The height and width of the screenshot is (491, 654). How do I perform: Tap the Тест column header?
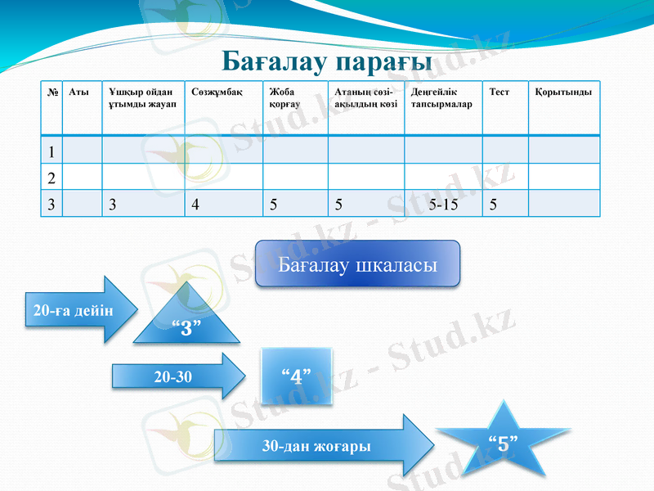[x=499, y=92]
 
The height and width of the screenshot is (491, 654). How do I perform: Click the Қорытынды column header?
[x=563, y=92]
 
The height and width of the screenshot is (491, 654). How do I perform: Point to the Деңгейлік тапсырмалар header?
[x=441, y=98]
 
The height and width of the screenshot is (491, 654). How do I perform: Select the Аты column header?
[x=79, y=92]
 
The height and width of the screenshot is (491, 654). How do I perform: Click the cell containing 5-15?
[x=443, y=205]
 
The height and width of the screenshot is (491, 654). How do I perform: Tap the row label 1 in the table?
[x=52, y=151]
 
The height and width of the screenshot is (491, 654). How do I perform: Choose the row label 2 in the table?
[x=52, y=178]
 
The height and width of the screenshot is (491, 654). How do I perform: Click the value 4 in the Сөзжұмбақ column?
[x=195, y=205]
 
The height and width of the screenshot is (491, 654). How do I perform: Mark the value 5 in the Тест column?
[x=492, y=205]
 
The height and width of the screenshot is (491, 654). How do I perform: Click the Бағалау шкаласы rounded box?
[x=357, y=264]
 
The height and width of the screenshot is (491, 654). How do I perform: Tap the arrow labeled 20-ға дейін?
[x=74, y=310]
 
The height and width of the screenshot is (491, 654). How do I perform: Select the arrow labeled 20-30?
[x=176, y=376]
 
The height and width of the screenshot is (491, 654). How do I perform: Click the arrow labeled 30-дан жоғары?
[x=319, y=446]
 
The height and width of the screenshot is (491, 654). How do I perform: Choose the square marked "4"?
[x=297, y=376]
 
